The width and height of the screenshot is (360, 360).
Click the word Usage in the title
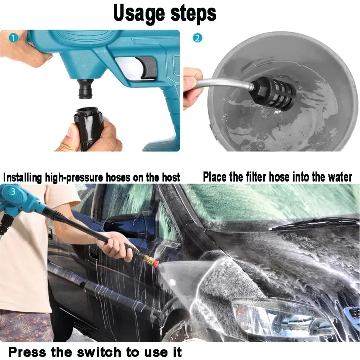click(139, 14)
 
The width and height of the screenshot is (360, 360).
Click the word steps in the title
click(193, 14)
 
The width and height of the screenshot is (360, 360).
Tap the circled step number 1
click(13, 38)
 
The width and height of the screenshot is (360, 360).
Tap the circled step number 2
click(197, 38)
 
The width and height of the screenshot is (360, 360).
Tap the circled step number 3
click(13, 191)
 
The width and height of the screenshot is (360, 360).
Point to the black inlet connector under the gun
click(86, 89)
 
